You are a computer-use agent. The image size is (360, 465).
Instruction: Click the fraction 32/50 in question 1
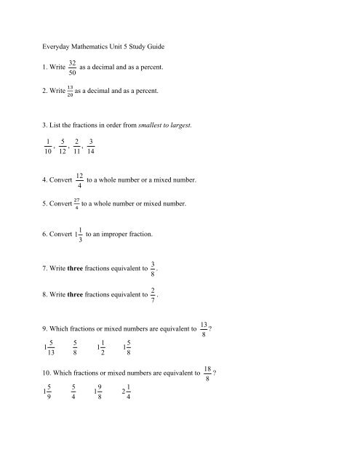point(70,68)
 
